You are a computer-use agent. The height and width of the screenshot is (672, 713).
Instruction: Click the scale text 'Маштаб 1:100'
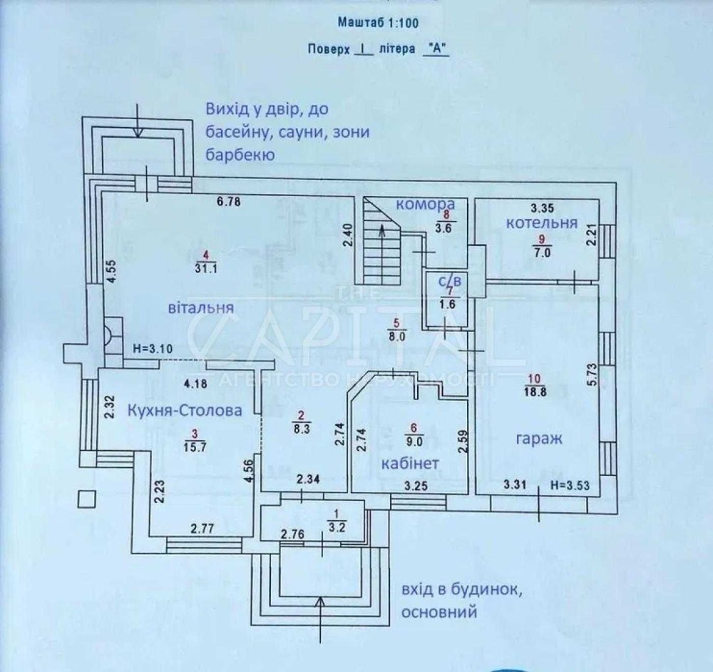point(377,23)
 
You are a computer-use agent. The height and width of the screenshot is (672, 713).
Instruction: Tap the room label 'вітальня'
point(202,309)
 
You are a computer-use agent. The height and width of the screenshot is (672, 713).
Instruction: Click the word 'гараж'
point(538,439)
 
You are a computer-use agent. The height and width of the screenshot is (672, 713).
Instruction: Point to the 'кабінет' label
point(410,464)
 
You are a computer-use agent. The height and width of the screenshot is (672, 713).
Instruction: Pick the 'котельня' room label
point(541,223)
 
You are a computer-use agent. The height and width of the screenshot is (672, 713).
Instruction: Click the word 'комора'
point(426,204)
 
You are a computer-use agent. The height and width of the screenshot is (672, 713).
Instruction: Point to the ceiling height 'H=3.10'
point(154,350)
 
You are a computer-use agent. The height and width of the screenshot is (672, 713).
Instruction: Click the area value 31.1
point(205,268)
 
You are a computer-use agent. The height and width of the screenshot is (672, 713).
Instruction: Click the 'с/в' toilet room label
point(449,282)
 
